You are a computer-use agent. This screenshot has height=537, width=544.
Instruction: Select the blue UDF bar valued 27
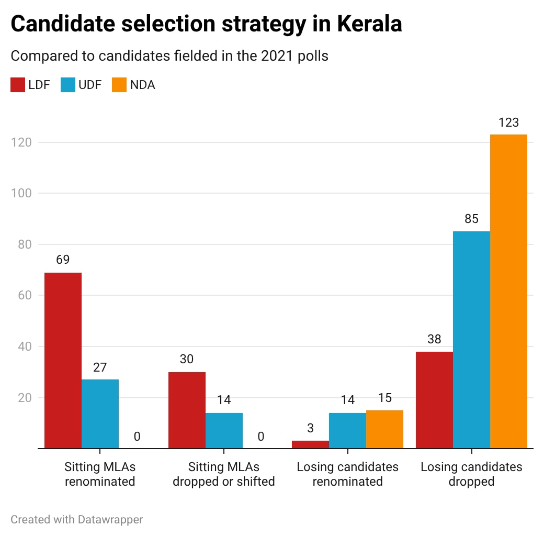100,413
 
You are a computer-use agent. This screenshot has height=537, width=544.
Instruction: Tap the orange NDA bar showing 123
508,291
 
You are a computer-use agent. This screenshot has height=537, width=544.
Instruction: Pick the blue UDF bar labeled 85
471,340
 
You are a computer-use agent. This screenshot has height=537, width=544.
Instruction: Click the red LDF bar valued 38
434,400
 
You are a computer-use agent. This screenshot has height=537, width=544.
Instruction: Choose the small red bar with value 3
310,444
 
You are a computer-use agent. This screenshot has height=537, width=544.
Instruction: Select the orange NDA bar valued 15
384,429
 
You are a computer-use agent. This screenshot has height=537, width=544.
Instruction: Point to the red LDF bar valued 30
187,410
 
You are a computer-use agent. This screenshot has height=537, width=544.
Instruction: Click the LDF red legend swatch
18,85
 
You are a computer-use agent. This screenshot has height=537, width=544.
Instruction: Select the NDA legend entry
133,85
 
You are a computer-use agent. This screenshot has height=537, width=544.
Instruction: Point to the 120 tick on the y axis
20,142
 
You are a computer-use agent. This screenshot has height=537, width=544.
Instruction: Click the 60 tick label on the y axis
23,295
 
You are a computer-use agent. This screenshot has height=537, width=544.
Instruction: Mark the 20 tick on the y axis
23,398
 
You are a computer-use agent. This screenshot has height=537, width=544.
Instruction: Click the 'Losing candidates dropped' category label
471,474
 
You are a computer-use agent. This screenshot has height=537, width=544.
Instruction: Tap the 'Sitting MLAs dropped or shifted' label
223,474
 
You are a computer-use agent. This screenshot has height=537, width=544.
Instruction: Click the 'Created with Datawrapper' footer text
76,519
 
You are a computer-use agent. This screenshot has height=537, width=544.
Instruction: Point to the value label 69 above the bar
63,260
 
